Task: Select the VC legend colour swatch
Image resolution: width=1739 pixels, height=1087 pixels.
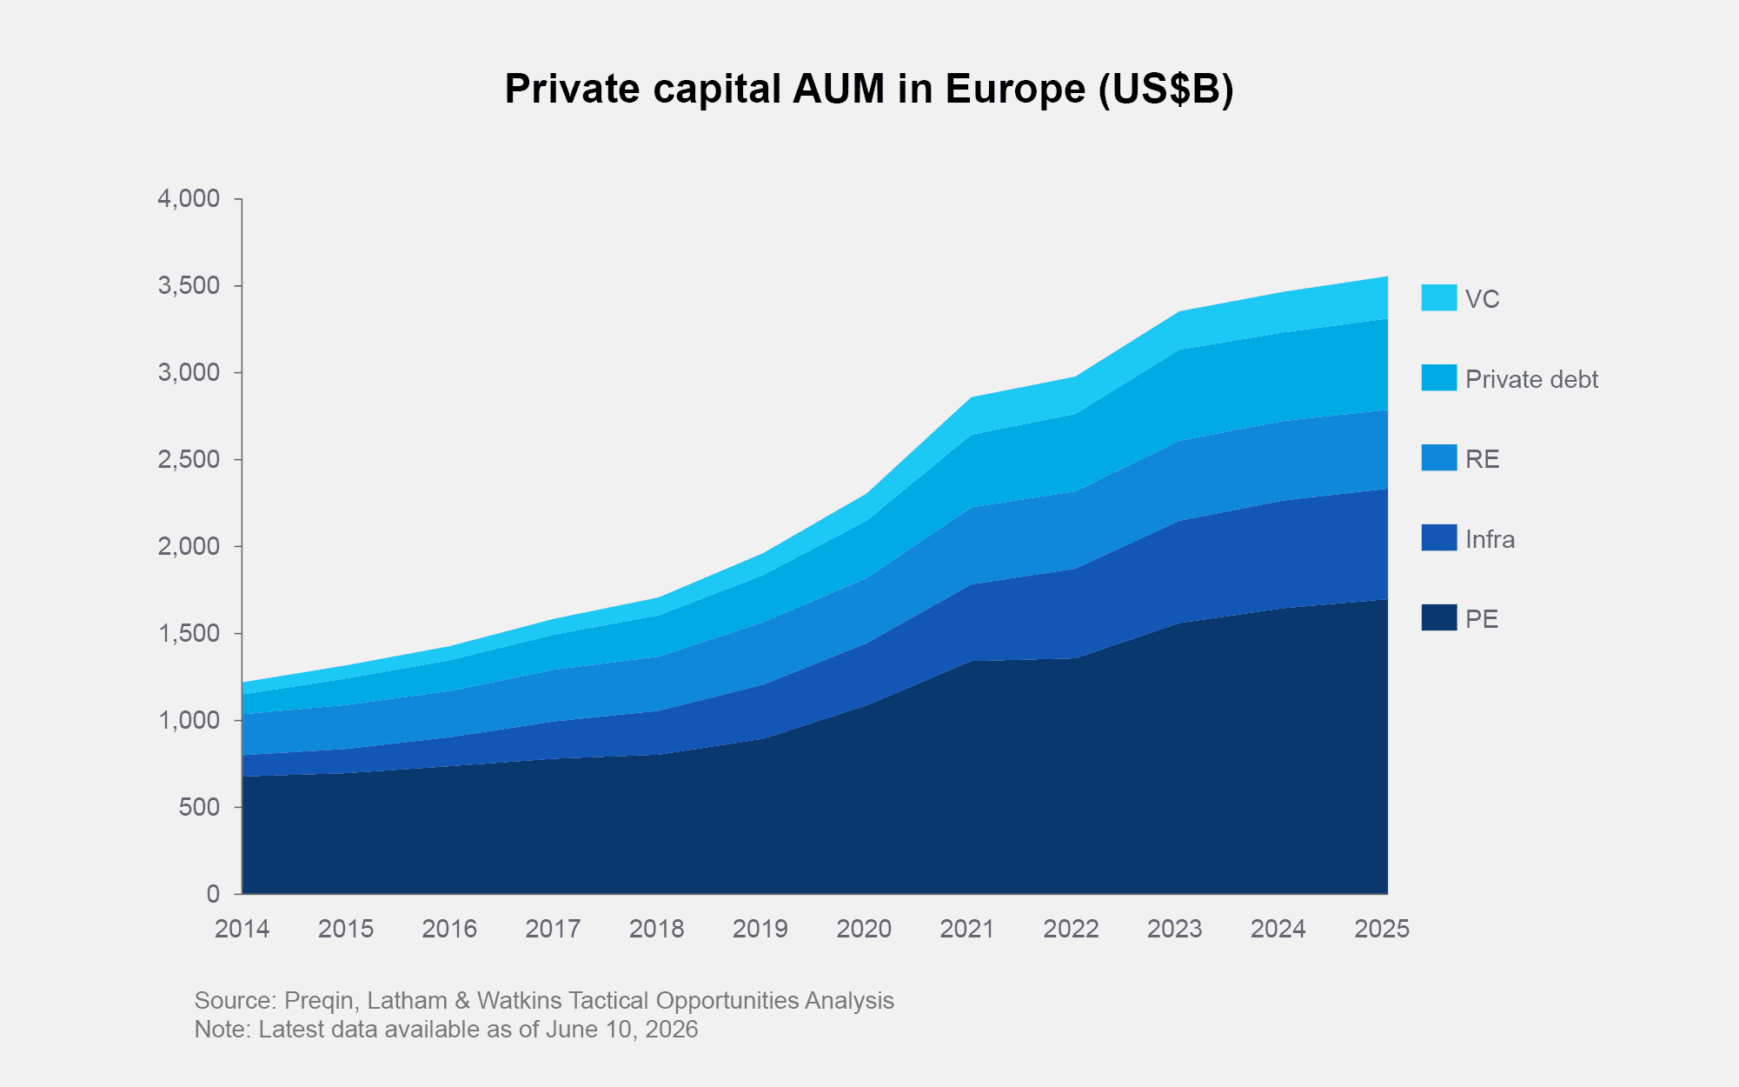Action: tap(1438, 297)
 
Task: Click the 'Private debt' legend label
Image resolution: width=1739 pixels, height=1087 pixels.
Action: tap(1531, 379)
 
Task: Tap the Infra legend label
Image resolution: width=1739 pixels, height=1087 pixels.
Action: tap(1490, 539)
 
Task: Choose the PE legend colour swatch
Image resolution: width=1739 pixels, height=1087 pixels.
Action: tap(1438, 617)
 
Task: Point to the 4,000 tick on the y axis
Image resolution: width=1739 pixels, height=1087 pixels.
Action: tap(189, 199)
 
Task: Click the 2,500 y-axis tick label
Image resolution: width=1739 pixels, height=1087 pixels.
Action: tap(189, 459)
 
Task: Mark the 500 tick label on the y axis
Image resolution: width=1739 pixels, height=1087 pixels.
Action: tap(200, 807)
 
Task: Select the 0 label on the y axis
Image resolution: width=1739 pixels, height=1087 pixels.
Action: tap(214, 894)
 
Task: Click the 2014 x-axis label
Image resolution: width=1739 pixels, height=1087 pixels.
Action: tap(242, 929)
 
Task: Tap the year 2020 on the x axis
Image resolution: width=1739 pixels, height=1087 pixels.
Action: tap(864, 929)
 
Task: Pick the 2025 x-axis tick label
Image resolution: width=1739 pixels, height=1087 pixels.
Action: tap(1382, 929)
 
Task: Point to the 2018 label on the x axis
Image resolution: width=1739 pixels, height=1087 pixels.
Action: tap(657, 929)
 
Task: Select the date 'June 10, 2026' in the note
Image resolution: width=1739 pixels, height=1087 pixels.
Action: tap(621, 1030)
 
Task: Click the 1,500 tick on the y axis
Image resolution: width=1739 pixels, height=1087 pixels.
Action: tap(189, 633)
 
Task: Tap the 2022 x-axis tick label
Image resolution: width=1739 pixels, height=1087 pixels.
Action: tap(1072, 929)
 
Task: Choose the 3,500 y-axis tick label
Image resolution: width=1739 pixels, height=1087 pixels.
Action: tap(189, 286)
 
